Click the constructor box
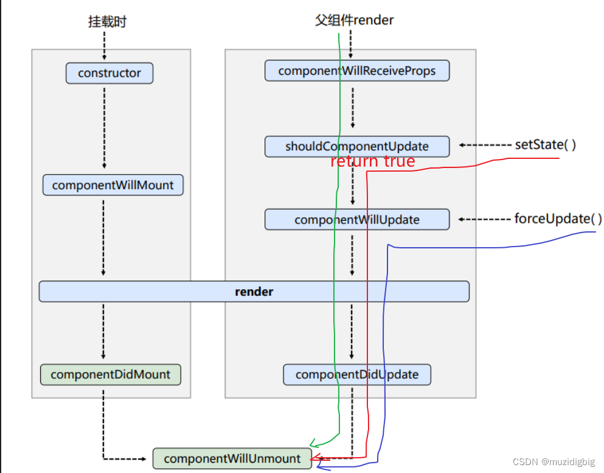[x=109, y=73]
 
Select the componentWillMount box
[x=113, y=185]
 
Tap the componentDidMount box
[x=110, y=374]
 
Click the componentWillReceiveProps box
[x=357, y=71]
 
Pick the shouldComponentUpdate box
[x=357, y=146]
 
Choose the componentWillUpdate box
[x=357, y=219]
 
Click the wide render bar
[x=254, y=292]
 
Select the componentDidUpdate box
[x=357, y=374]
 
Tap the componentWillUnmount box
[x=232, y=458]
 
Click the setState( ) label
[x=546, y=145]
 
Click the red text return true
[x=372, y=161]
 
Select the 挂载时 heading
[x=107, y=22]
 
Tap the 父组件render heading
[x=354, y=20]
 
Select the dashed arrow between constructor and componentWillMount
[x=104, y=128]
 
